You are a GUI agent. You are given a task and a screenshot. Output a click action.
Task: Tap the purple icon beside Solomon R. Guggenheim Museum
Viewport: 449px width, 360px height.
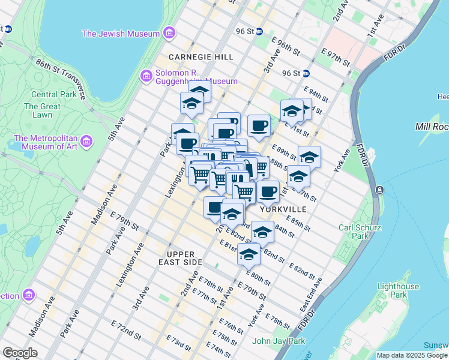click(x=145, y=76)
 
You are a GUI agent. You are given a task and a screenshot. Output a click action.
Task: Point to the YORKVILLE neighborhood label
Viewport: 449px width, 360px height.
click(x=283, y=209)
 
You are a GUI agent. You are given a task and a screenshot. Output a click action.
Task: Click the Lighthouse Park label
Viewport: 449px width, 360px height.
click(x=397, y=291)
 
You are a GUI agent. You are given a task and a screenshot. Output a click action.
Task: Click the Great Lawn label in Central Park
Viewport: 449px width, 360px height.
click(x=42, y=110)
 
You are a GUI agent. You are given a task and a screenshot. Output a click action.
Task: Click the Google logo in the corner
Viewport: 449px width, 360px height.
click(x=20, y=353)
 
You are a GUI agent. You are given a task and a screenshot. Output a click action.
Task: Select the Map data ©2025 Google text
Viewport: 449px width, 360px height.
click(x=412, y=355)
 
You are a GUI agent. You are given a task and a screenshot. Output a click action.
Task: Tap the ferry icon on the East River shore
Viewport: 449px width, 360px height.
click(x=379, y=190)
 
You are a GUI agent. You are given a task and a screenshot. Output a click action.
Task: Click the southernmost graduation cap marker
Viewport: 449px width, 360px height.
click(x=249, y=254)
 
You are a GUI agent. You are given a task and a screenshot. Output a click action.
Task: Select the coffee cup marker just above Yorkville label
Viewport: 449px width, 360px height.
click(x=268, y=192)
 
